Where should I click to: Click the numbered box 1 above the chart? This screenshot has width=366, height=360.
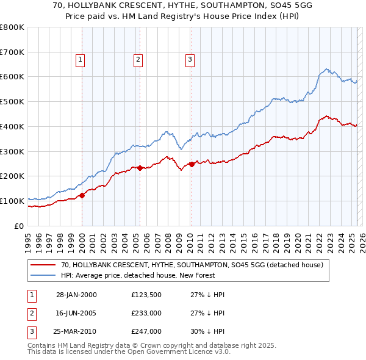pos(81,59)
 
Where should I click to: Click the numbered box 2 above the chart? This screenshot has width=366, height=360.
pos(138,59)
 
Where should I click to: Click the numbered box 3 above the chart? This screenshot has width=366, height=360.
pos(190,59)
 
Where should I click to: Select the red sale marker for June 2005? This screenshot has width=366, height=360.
pos(140,167)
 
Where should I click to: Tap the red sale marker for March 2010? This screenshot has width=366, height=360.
pos(192,164)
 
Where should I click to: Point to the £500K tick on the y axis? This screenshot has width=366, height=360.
pos(13,101)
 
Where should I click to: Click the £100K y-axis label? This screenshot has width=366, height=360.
pos(13,201)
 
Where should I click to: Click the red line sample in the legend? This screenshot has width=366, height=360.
pos(44,265)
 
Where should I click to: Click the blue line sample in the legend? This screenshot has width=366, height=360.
pos(44,275)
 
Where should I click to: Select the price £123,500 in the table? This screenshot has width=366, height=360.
pos(146,295)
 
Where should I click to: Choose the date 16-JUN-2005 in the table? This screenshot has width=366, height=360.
pos(76,313)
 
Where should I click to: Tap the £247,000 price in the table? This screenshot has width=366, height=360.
pos(146,331)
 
